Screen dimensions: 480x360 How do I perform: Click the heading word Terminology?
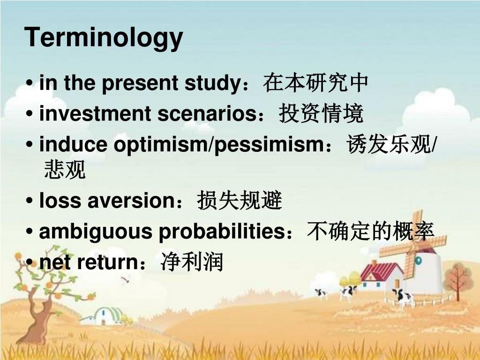point(104,37)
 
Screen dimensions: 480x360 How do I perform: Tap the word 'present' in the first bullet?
point(140,83)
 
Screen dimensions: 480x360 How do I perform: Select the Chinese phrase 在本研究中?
point(315,82)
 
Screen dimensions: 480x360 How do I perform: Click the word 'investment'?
point(95,113)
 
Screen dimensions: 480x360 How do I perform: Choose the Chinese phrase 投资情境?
point(321,113)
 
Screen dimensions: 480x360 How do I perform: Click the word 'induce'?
point(73,144)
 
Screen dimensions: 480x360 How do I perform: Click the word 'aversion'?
point(131,201)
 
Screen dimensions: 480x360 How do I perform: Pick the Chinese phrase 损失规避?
point(240,200)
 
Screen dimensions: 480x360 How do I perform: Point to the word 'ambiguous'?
point(96,232)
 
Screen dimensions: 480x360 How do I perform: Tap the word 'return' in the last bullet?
point(107,262)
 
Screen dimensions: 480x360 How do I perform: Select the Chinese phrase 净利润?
point(192,262)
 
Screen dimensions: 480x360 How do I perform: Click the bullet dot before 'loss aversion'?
point(30,201)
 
